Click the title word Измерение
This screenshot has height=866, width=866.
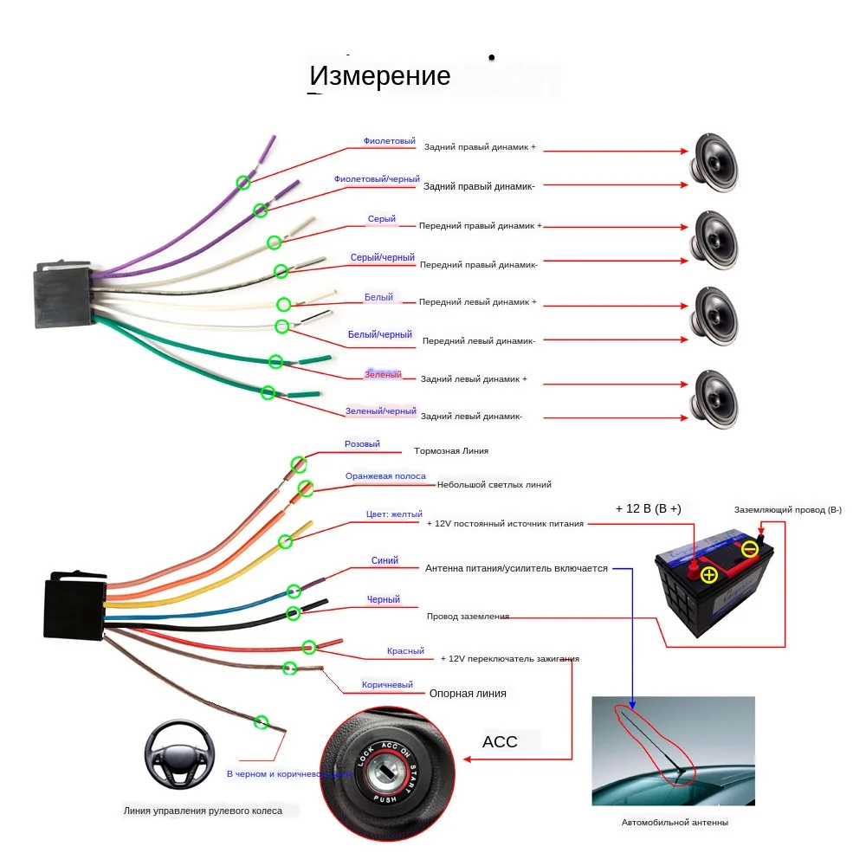[380, 76]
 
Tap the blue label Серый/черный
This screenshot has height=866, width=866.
[382, 257]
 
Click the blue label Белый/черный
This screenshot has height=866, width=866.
[379, 334]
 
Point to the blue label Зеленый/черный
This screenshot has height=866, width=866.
[380, 411]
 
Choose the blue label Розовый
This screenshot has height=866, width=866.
[362, 444]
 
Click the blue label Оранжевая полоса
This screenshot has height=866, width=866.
[385, 476]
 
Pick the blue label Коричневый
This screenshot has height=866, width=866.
[387, 685]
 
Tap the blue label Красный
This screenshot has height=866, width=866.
[405, 651]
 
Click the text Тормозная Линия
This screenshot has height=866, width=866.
[451, 451]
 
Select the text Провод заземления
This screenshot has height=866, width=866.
[468, 617]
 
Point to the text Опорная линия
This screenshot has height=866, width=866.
[468, 694]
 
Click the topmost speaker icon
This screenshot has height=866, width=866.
[714, 162]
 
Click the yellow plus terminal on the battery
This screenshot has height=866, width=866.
[708, 576]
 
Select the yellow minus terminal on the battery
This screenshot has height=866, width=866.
[750, 549]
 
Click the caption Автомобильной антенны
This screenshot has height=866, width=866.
[675, 823]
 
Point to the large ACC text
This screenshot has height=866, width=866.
[500, 742]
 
